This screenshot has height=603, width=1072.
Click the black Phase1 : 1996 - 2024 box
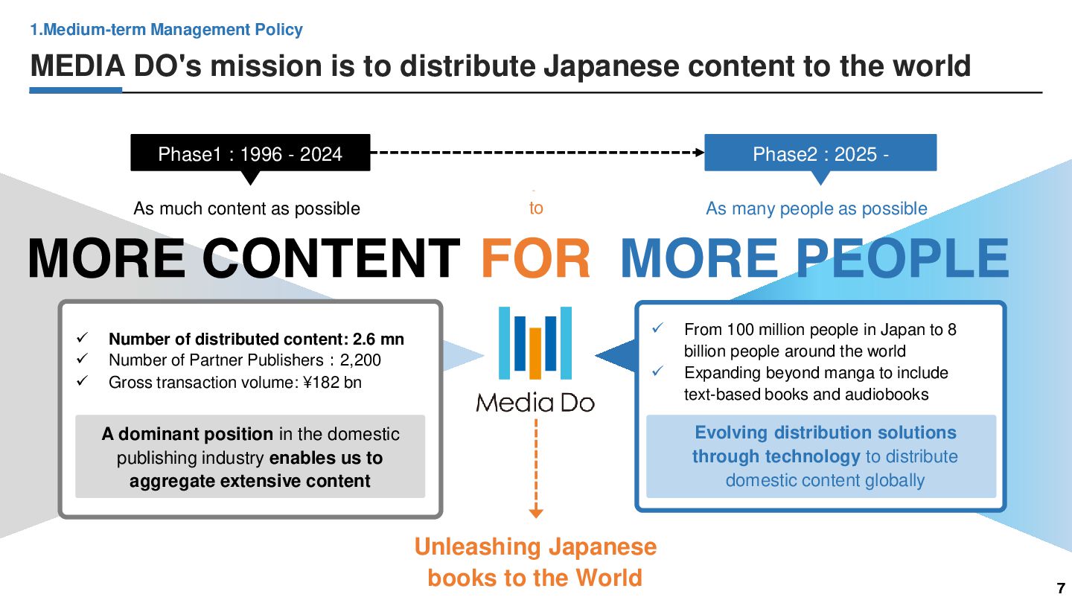pos(250,153)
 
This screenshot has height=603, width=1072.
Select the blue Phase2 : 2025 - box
pos(820,153)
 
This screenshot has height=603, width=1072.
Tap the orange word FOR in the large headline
pos(536,258)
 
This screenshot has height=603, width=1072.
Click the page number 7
pos(1061,588)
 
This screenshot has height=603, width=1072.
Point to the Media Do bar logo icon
pos(535,342)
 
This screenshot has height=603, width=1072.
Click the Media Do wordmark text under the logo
pos(535,403)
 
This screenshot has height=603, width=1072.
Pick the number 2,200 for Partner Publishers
pos(360,360)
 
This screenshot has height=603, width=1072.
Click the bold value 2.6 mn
pos(378,339)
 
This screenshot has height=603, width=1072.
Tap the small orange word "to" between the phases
pos(536,208)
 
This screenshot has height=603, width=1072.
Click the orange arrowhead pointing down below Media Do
pos(536,512)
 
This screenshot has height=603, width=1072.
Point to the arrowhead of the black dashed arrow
pos(699,153)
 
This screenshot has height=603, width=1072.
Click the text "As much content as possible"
pos(246,208)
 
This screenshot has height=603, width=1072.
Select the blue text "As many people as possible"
pos(817,208)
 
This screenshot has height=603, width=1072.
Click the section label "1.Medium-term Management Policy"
pos(166,30)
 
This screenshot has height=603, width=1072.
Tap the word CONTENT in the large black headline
pos(331,258)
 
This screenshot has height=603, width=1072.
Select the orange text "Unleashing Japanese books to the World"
pos(535,562)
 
